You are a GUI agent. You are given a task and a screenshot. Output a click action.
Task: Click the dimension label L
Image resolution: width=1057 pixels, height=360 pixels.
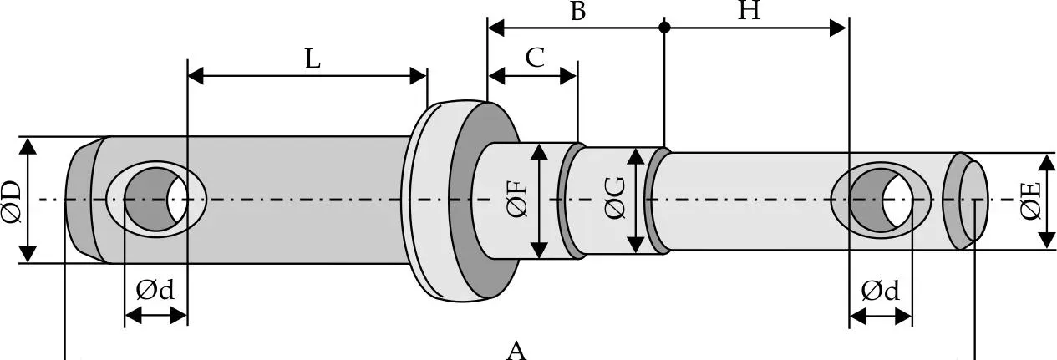coord(313,59)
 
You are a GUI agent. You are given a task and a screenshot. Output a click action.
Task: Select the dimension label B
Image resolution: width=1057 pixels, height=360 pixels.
coord(578,10)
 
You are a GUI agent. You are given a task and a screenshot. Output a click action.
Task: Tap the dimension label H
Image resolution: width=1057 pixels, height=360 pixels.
coord(750,10)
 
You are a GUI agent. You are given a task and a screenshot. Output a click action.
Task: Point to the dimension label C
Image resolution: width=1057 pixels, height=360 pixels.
coord(535,58)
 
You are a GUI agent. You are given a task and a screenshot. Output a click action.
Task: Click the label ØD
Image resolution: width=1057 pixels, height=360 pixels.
coord(12,200)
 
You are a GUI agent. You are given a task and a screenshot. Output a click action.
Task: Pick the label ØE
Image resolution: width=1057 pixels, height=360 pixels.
coord(1032,201)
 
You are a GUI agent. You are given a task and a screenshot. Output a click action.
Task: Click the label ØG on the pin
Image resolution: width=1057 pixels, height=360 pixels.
coord(615,199)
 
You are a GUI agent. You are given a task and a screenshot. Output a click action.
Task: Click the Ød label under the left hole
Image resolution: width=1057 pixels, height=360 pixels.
coord(155,290)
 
